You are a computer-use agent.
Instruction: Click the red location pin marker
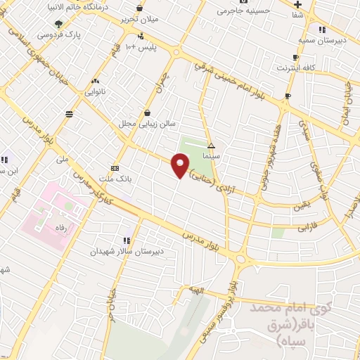pos(181,167)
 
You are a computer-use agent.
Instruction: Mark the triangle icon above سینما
pos(210,145)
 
